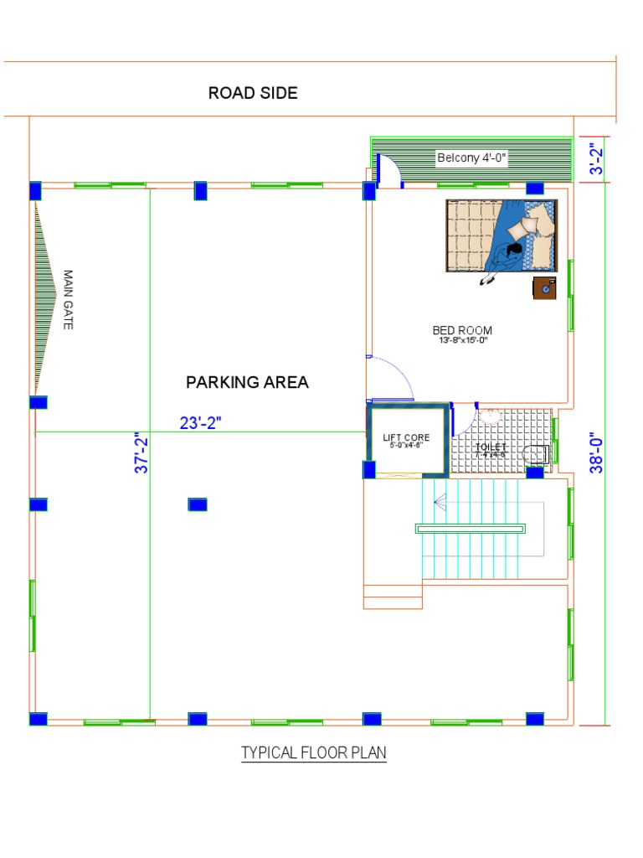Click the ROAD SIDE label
tap(253, 93)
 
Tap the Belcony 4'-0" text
tap(472, 158)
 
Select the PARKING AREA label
tap(247, 382)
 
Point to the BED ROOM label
tap(462, 330)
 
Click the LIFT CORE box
tap(406, 441)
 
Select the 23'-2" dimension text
tap(200, 423)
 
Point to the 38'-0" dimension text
tap(596, 454)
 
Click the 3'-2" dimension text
tap(596, 158)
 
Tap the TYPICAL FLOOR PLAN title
tap(314, 752)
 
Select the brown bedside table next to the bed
tap(544, 287)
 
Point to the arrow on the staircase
tap(440, 502)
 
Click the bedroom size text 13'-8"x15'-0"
tap(462, 341)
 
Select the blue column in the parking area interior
tap(198, 504)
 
